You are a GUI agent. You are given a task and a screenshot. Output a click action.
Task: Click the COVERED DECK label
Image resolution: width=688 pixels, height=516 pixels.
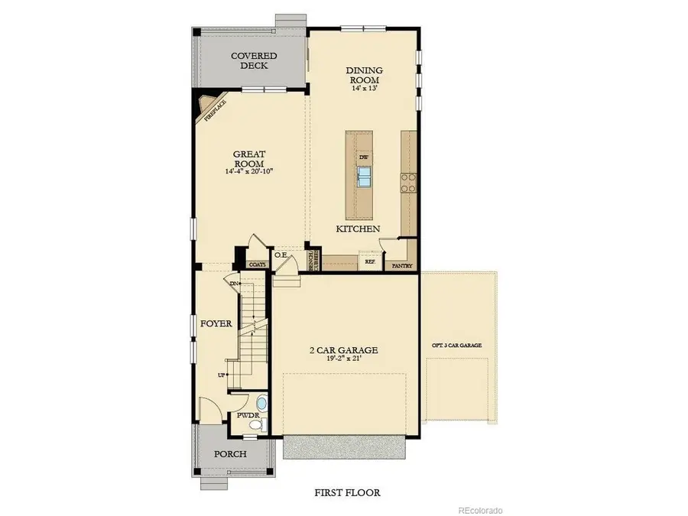click(x=254, y=60)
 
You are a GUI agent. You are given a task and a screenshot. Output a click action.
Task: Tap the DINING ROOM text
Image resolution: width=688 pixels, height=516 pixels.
click(x=365, y=75)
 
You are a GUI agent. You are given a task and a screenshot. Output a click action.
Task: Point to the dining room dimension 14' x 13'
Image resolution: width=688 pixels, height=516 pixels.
click(x=365, y=89)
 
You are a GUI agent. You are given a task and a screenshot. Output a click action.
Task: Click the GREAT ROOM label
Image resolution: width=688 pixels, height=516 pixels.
click(x=249, y=158)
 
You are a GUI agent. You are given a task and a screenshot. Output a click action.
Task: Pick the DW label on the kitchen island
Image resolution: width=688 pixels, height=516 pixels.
click(x=365, y=157)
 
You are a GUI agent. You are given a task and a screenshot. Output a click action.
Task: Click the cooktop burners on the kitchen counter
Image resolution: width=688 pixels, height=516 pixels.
click(x=408, y=182)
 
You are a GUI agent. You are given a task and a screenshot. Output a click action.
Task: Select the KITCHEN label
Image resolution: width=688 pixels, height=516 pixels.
click(x=358, y=229)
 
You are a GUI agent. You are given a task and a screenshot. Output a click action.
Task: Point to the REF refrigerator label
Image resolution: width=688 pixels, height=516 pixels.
click(x=370, y=261)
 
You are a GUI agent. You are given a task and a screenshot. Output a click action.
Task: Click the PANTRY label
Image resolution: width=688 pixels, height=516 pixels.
click(x=402, y=266)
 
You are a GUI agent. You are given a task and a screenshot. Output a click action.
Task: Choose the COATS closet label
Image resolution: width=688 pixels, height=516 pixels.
click(x=257, y=264)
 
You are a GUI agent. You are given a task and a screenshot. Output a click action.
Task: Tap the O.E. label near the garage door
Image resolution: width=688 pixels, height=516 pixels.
click(x=281, y=255)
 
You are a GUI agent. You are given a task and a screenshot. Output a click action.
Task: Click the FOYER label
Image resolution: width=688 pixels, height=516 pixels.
click(x=216, y=323)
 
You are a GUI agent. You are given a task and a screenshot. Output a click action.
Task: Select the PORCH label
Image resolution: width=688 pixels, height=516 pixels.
click(x=230, y=453)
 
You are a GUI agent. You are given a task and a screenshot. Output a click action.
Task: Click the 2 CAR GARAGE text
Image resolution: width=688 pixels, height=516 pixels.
click(x=344, y=350)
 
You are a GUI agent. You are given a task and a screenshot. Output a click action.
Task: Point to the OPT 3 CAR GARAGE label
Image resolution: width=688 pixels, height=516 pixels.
click(x=457, y=346)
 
